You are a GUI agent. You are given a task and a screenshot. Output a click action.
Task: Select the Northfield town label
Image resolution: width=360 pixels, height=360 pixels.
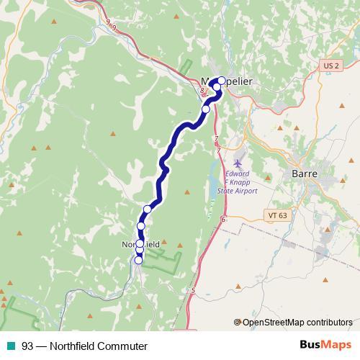click(x=140, y=244)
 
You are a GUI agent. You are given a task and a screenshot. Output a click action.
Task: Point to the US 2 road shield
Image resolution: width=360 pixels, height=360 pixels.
click(x=330, y=66)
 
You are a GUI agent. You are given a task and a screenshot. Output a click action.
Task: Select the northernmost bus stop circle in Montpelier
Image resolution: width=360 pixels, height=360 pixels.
click(x=222, y=81)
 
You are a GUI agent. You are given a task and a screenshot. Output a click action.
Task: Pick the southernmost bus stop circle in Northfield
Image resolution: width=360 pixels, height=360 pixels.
click(x=138, y=260)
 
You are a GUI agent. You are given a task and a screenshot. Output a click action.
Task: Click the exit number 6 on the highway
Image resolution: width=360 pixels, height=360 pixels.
click(x=223, y=218)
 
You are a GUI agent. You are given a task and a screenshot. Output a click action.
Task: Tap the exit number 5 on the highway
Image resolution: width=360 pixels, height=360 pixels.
click(x=193, y=290)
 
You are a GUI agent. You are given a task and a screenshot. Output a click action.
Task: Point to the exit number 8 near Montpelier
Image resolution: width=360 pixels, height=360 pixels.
click(x=203, y=91)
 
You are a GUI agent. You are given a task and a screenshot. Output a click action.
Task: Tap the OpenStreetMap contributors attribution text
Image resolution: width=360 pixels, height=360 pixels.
click(x=298, y=322)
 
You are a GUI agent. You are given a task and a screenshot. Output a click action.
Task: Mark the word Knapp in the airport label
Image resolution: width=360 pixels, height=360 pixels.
click(x=238, y=183)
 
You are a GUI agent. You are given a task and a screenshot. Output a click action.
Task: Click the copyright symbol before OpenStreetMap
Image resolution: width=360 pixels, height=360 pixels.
click(x=239, y=322)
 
